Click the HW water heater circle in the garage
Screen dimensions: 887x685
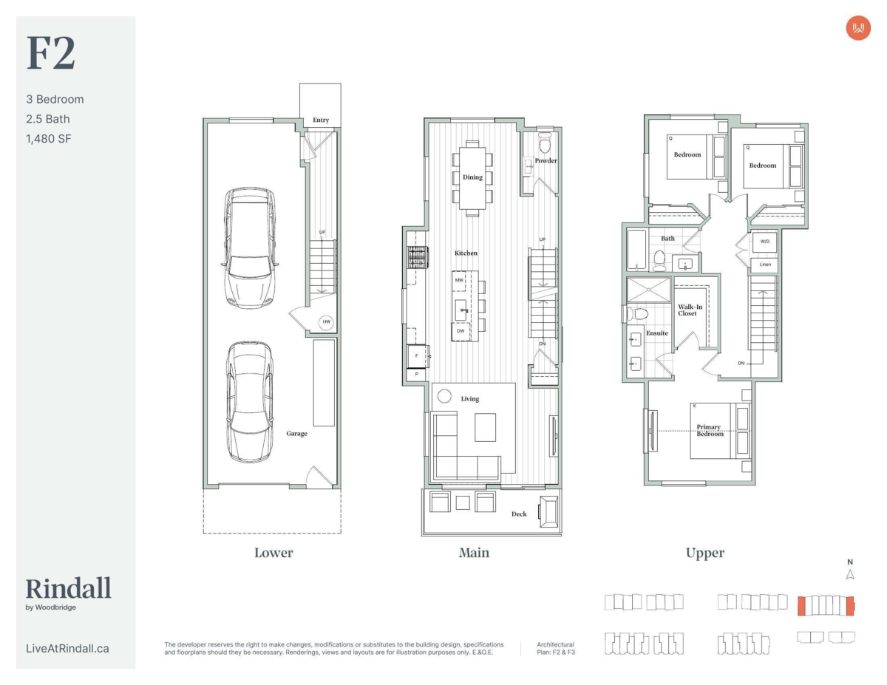pyautogui.click(x=326, y=322)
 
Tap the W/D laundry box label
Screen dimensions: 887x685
pyautogui.click(x=764, y=242)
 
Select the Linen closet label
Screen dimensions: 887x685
pyautogui.click(x=765, y=265)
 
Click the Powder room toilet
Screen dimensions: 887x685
pyautogui.click(x=545, y=142)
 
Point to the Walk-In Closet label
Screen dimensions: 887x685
pyautogui.click(x=690, y=310)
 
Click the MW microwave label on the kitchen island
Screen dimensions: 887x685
pyautogui.click(x=459, y=280)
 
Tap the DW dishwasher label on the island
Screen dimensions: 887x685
pyautogui.click(x=461, y=331)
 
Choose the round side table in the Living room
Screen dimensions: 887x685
pyautogui.click(x=444, y=396)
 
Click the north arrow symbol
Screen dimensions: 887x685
pyautogui.click(x=850, y=574)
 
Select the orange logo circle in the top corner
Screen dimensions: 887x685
pyautogui.click(x=858, y=28)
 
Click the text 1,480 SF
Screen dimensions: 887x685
pyautogui.click(x=49, y=139)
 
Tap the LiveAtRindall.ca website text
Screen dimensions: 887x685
pyautogui.click(x=67, y=649)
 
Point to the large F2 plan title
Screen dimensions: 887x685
pyautogui.click(x=51, y=53)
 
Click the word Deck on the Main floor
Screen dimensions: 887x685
pyautogui.click(x=519, y=514)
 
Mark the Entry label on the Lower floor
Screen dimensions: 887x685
pyautogui.click(x=321, y=120)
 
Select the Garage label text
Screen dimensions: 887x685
pyautogui.click(x=296, y=434)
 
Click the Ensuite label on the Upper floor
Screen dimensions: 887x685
pyautogui.click(x=657, y=333)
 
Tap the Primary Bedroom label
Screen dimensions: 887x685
pyautogui.click(x=710, y=430)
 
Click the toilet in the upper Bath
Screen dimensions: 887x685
pyautogui.click(x=659, y=261)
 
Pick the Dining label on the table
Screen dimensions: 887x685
pyautogui.click(x=472, y=177)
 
